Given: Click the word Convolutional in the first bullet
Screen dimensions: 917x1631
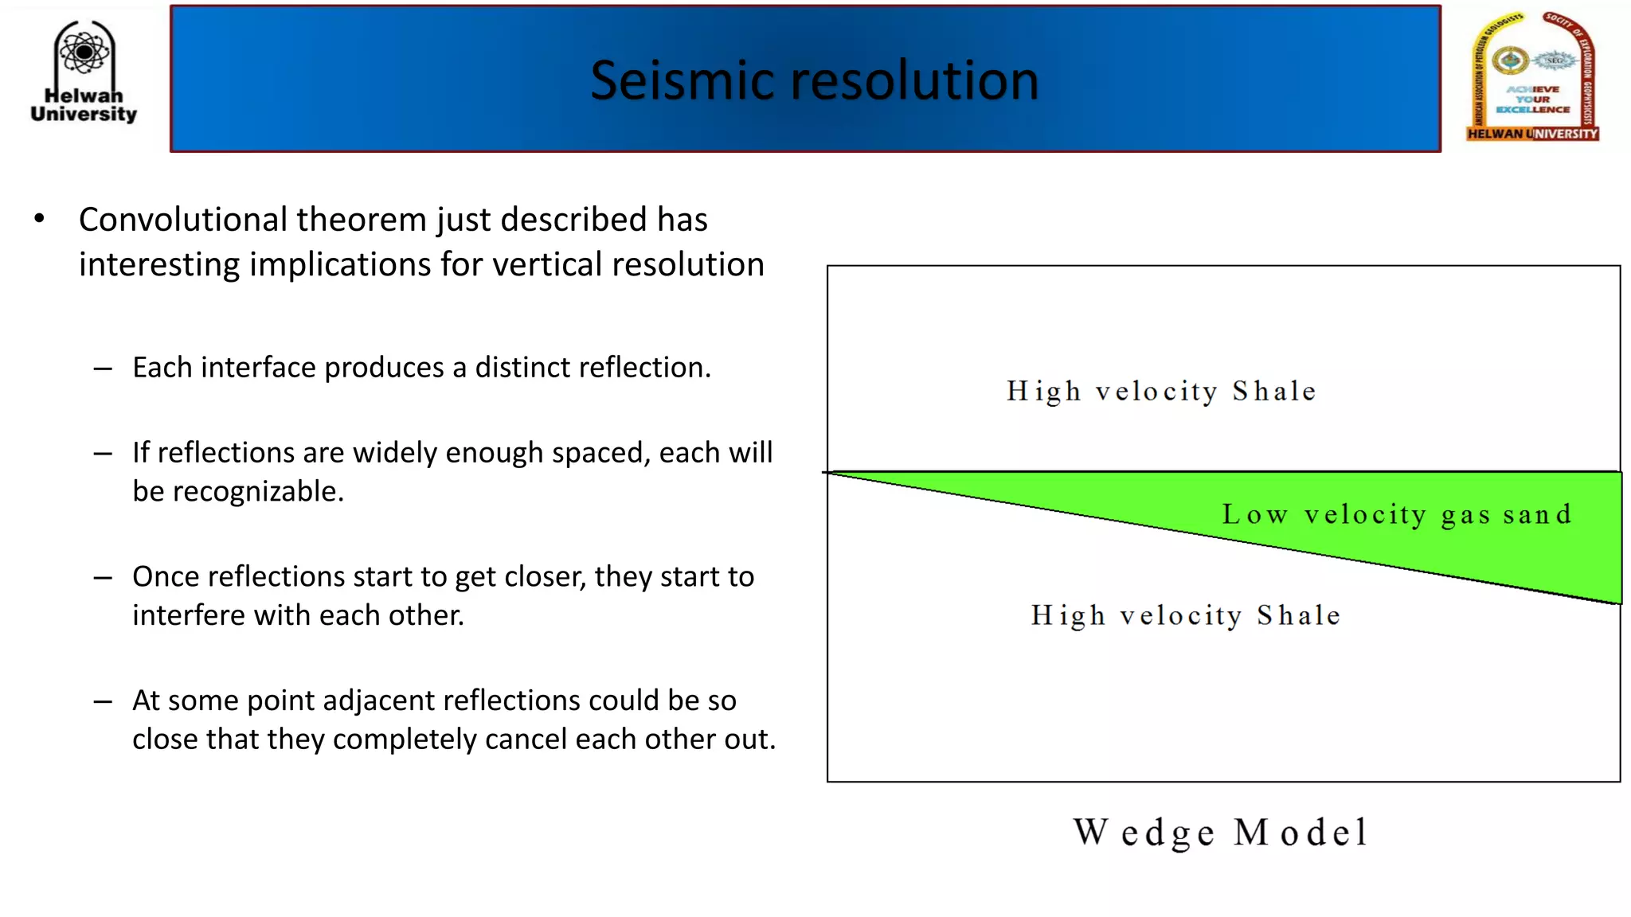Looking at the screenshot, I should point(183,220).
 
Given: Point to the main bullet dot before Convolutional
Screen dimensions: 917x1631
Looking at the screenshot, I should point(39,219).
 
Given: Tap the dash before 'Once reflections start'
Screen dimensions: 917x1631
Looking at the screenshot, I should point(102,578).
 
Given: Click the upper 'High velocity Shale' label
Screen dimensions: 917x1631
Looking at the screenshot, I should point(1161,392).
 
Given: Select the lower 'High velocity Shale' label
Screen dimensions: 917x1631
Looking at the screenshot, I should point(1186,615).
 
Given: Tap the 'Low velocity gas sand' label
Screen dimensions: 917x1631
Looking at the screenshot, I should point(1398,515).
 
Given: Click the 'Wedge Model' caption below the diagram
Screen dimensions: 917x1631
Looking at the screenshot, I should point(1221,833).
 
